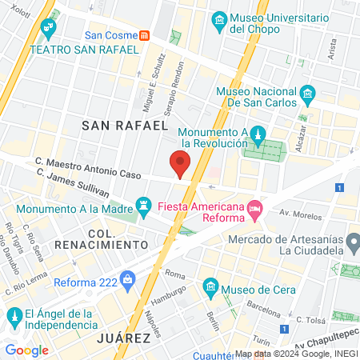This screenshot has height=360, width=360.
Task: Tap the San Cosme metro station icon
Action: tap(144, 34)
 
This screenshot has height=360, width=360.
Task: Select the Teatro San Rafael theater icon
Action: tap(49, 30)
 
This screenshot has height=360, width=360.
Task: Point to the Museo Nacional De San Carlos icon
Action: tap(307, 97)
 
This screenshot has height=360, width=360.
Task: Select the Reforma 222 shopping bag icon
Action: tap(126, 280)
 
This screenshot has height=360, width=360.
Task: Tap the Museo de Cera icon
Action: tap(210, 286)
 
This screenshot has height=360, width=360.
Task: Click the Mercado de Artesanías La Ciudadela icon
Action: tap(353, 241)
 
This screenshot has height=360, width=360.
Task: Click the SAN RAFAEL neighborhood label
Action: tap(126, 125)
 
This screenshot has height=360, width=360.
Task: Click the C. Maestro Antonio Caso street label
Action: tap(87, 168)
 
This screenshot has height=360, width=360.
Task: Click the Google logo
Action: tap(26, 350)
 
